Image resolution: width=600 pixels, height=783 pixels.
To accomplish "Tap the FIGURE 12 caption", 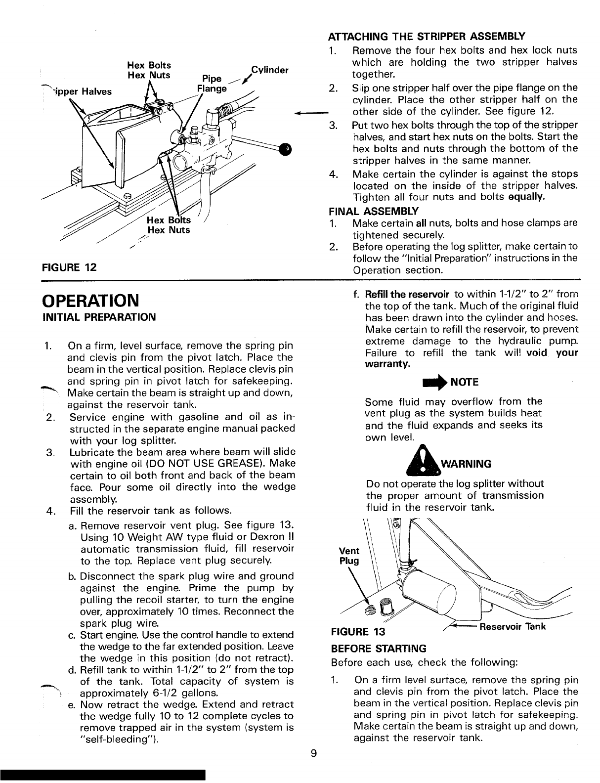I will (x=69, y=267).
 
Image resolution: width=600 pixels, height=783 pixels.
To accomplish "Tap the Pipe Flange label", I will (x=212, y=84).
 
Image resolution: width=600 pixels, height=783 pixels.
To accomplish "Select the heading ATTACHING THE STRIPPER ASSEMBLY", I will (x=426, y=36).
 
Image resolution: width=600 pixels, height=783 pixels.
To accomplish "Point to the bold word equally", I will (x=527, y=197).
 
